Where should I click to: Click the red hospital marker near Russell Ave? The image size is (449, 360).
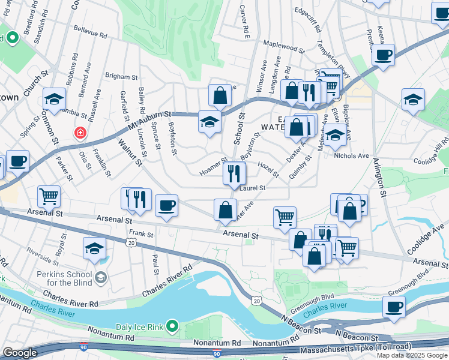coord(79,133)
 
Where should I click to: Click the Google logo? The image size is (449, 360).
coord(20,353)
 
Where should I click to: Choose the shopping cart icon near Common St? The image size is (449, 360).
coord(49,196)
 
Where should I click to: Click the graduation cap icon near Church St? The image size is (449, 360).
coord(54,100)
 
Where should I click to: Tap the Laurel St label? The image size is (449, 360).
coord(252,188)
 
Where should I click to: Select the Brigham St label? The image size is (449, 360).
coord(117,76)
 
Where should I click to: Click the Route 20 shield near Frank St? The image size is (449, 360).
coord(131,241)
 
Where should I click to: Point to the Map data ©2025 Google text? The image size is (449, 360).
coord(412,355)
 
